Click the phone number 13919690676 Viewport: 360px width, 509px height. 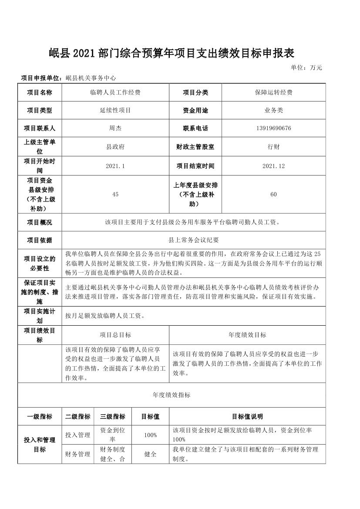point(273,128)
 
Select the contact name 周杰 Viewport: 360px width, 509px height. point(115,128)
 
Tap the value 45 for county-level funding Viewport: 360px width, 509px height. point(115,194)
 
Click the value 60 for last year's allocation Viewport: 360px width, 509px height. point(273,194)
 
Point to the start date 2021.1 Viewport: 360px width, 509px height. point(115,166)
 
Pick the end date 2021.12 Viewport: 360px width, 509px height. point(273,166)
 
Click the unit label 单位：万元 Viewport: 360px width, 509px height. point(306,67)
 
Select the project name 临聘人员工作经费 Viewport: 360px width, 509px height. point(115,92)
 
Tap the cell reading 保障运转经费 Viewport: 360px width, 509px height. point(273,92)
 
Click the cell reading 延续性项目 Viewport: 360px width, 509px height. point(115,111)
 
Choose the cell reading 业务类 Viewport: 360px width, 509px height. point(273,111)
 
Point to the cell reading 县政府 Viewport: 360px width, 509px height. point(115,147)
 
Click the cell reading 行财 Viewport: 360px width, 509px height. point(273,147)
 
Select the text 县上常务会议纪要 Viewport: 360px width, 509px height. point(193,240)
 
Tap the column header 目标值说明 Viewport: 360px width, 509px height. point(247,417)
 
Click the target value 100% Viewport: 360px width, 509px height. point(150,435)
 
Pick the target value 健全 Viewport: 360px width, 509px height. point(150,454)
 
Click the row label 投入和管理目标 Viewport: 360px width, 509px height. point(40,445)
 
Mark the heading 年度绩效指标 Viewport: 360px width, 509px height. point(172,395)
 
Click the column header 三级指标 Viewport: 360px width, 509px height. point(113,417)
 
